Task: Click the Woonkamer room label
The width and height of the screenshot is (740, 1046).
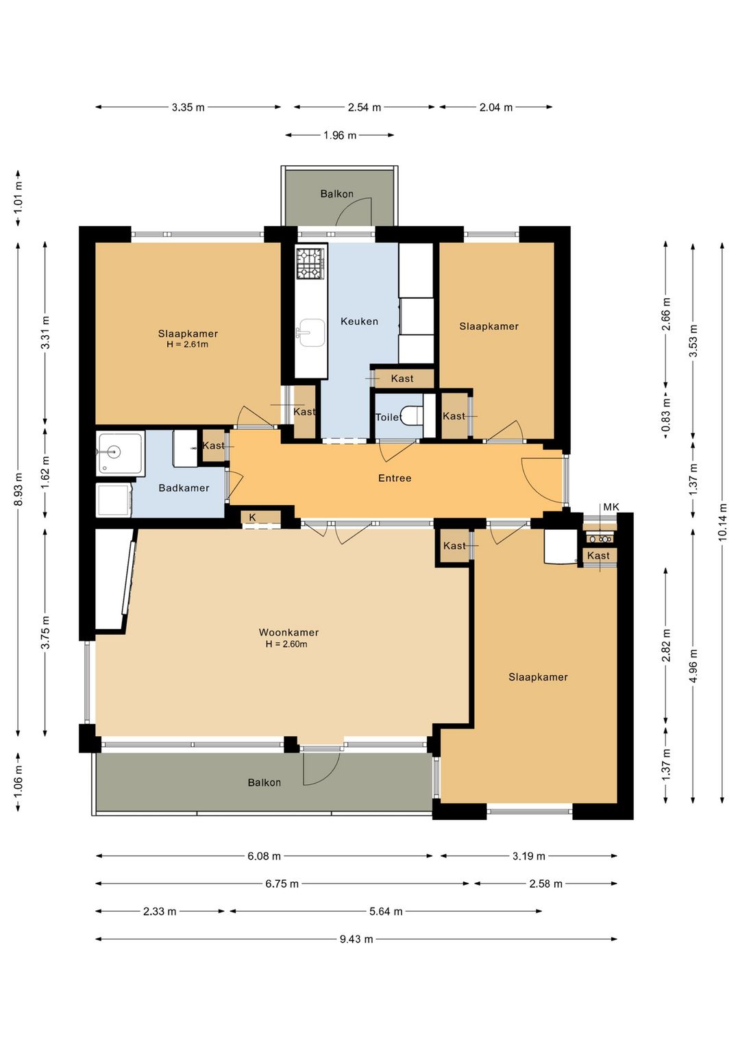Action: click(288, 632)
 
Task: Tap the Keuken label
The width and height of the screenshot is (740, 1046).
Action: click(359, 321)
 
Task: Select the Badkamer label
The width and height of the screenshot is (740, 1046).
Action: click(184, 488)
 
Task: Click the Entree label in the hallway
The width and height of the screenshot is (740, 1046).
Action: click(395, 478)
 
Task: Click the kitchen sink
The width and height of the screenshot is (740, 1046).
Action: click(312, 332)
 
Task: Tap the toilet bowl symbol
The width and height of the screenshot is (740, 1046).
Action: click(412, 416)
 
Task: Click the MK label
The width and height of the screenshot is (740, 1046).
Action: click(611, 507)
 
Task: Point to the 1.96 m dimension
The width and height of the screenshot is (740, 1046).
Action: click(340, 136)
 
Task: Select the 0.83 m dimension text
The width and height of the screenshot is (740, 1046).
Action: click(666, 415)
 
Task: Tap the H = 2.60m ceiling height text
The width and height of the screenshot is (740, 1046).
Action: click(286, 644)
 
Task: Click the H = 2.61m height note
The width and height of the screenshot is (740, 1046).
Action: click(187, 345)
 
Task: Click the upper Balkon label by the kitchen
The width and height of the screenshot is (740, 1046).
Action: click(336, 194)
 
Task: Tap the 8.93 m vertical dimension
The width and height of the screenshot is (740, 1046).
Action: click(18, 489)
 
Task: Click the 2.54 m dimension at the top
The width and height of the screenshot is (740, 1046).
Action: click(364, 108)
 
